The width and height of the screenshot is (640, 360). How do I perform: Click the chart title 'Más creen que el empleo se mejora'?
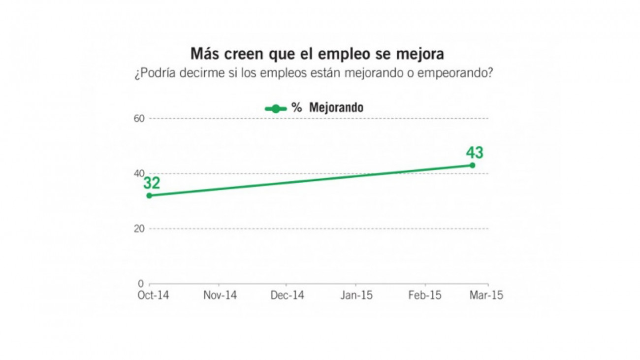coord(318,54)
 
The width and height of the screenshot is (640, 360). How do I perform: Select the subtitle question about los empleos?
coord(314,74)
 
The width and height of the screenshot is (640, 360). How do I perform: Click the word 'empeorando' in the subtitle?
coord(463,74)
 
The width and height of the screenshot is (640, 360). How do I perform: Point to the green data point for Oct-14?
coord(149,196)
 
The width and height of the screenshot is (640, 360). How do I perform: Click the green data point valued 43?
coord(472,165)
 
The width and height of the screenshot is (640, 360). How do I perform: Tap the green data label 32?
coord(152,183)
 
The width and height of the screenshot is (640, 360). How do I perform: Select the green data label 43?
coord(475,153)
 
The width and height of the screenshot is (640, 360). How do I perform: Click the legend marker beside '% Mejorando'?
coord(276,108)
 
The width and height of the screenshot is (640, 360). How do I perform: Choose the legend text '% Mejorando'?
coord(327,108)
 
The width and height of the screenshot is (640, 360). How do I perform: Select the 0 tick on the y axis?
coord(141,284)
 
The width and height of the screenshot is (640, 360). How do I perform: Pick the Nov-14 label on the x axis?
coord(220,295)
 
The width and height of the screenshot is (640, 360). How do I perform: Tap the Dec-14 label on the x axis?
coord(288,295)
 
